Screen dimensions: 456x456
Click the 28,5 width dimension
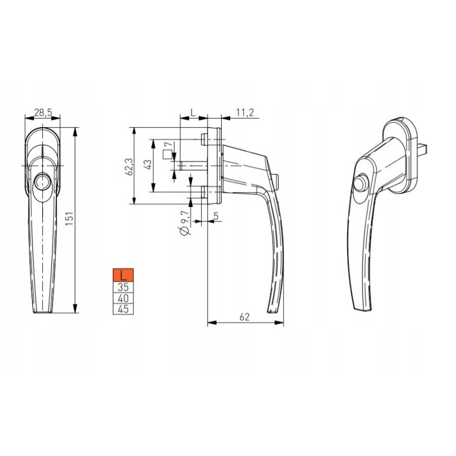[x=43, y=112]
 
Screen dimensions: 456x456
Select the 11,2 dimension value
[x=245, y=112]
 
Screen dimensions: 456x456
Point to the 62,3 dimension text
[x=129, y=166]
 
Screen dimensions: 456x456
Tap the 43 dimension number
[x=148, y=165]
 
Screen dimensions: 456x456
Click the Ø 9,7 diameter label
[x=185, y=223]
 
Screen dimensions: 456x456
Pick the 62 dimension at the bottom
[x=245, y=317]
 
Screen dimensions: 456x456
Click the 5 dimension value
[x=216, y=216]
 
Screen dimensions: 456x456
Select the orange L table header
[x=123, y=275]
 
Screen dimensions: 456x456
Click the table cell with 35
[x=123, y=287]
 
